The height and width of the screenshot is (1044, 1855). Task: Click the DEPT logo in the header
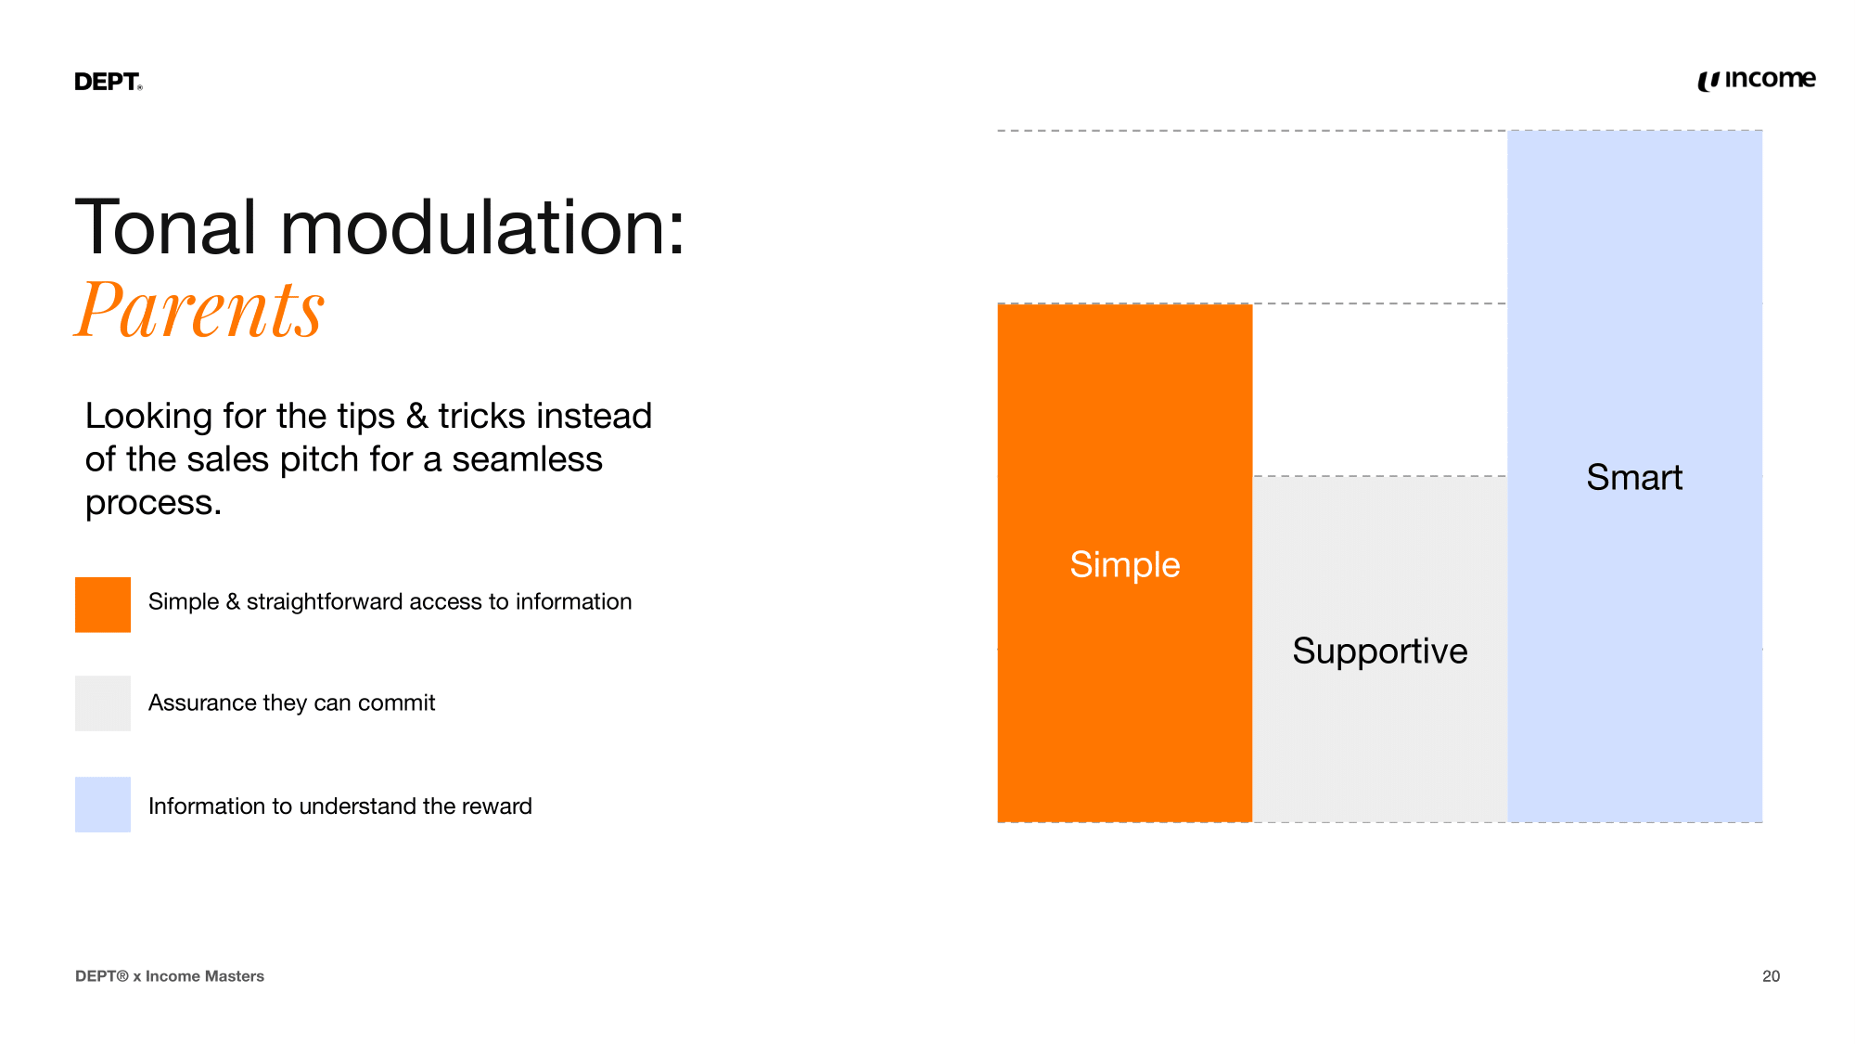click(x=109, y=82)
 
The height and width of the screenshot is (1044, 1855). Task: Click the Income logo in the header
click(x=1757, y=80)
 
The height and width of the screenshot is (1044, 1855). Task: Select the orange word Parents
click(x=199, y=309)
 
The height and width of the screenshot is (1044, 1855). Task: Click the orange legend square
click(x=103, y=605)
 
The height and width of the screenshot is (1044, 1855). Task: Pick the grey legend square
click(x=103, y=703)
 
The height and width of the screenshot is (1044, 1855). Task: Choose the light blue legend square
click(x=103, y=805)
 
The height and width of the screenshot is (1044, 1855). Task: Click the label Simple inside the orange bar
click(x=1125, y=564)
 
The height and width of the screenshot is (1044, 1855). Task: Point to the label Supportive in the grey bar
click(x=1380, y=651)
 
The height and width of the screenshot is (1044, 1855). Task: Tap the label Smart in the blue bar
click(x=1634, y=477)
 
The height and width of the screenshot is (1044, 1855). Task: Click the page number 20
click(x=1772, y=976)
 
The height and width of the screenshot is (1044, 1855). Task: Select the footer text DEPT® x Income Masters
click(x=170, y=976)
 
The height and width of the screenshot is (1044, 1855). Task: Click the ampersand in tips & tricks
click(x=417, y=417)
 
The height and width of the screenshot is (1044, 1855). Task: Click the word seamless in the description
click(x=528, y=459)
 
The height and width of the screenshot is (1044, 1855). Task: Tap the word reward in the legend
click(x=496, y=806)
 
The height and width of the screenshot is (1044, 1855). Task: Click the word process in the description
click(x=149, y=504)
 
